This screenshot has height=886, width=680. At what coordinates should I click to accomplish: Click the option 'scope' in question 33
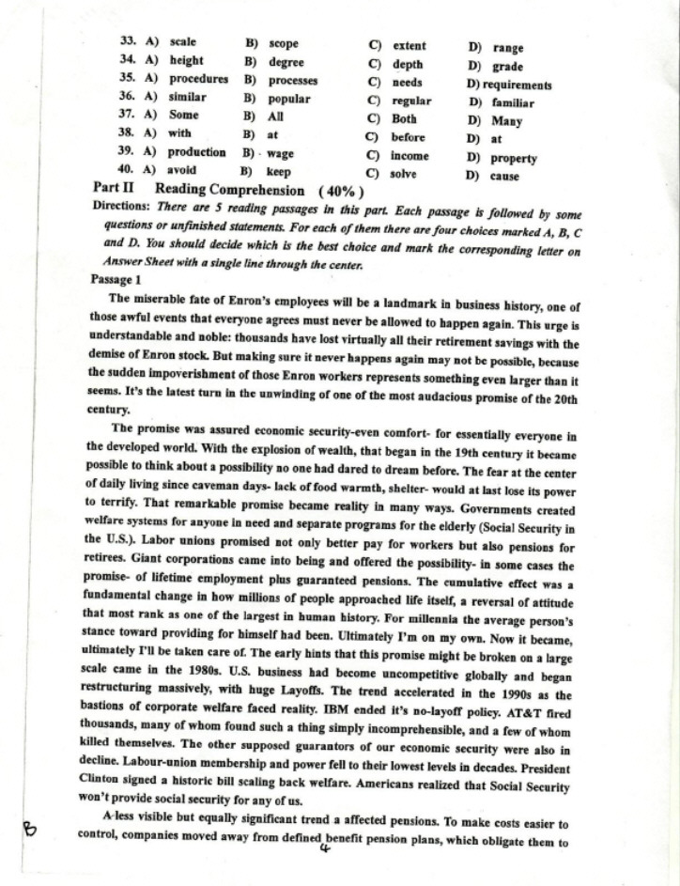(x=283, y=43)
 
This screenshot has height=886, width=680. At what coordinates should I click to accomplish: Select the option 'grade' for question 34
(x=507, y=67)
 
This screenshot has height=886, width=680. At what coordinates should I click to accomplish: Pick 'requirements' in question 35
(x=517, y=85)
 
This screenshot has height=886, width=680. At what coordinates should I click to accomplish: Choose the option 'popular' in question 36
(x=289, y=98)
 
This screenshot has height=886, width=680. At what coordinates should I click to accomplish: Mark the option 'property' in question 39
(x=515, y=158)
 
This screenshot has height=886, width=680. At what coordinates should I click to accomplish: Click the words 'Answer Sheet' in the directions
(x=140, y=265)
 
